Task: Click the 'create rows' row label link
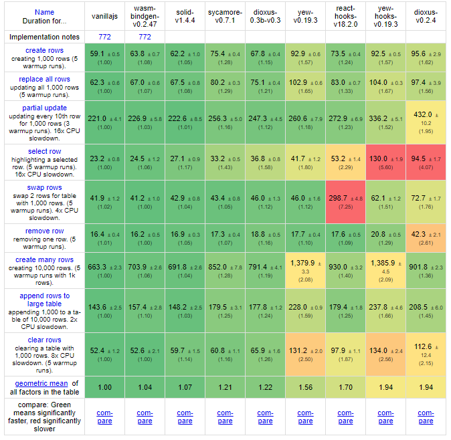click(x=44, y=51)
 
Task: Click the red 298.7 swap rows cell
click(x=345, y=199)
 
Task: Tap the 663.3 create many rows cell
click(x=104, y=267)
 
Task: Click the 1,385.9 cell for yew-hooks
click(x=385, y=263)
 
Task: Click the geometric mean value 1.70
click(x=345, y=387)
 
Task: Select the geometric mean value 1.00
click(x=104, y=387)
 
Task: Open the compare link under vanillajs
click(x=104, y=417)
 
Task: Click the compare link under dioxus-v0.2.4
click(x=426, y=417)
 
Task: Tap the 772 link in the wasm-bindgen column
click(x=145, y=37)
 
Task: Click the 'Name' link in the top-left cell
click(x=44, y=12)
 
